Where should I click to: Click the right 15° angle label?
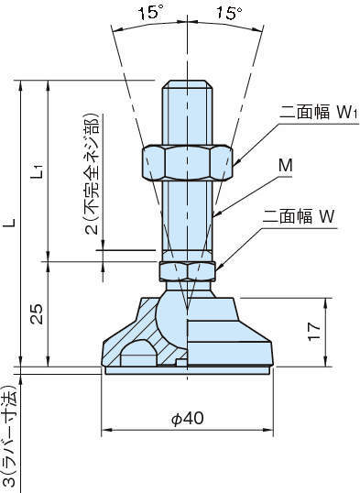coord(229,14)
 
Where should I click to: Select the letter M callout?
coord(288,165)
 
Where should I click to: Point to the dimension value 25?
coord(34,314)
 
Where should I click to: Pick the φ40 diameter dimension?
coord(187,418)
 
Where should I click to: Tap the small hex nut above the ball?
coord(188,270)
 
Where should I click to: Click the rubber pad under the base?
coord(187,370)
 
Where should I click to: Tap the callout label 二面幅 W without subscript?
coord(300,217)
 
